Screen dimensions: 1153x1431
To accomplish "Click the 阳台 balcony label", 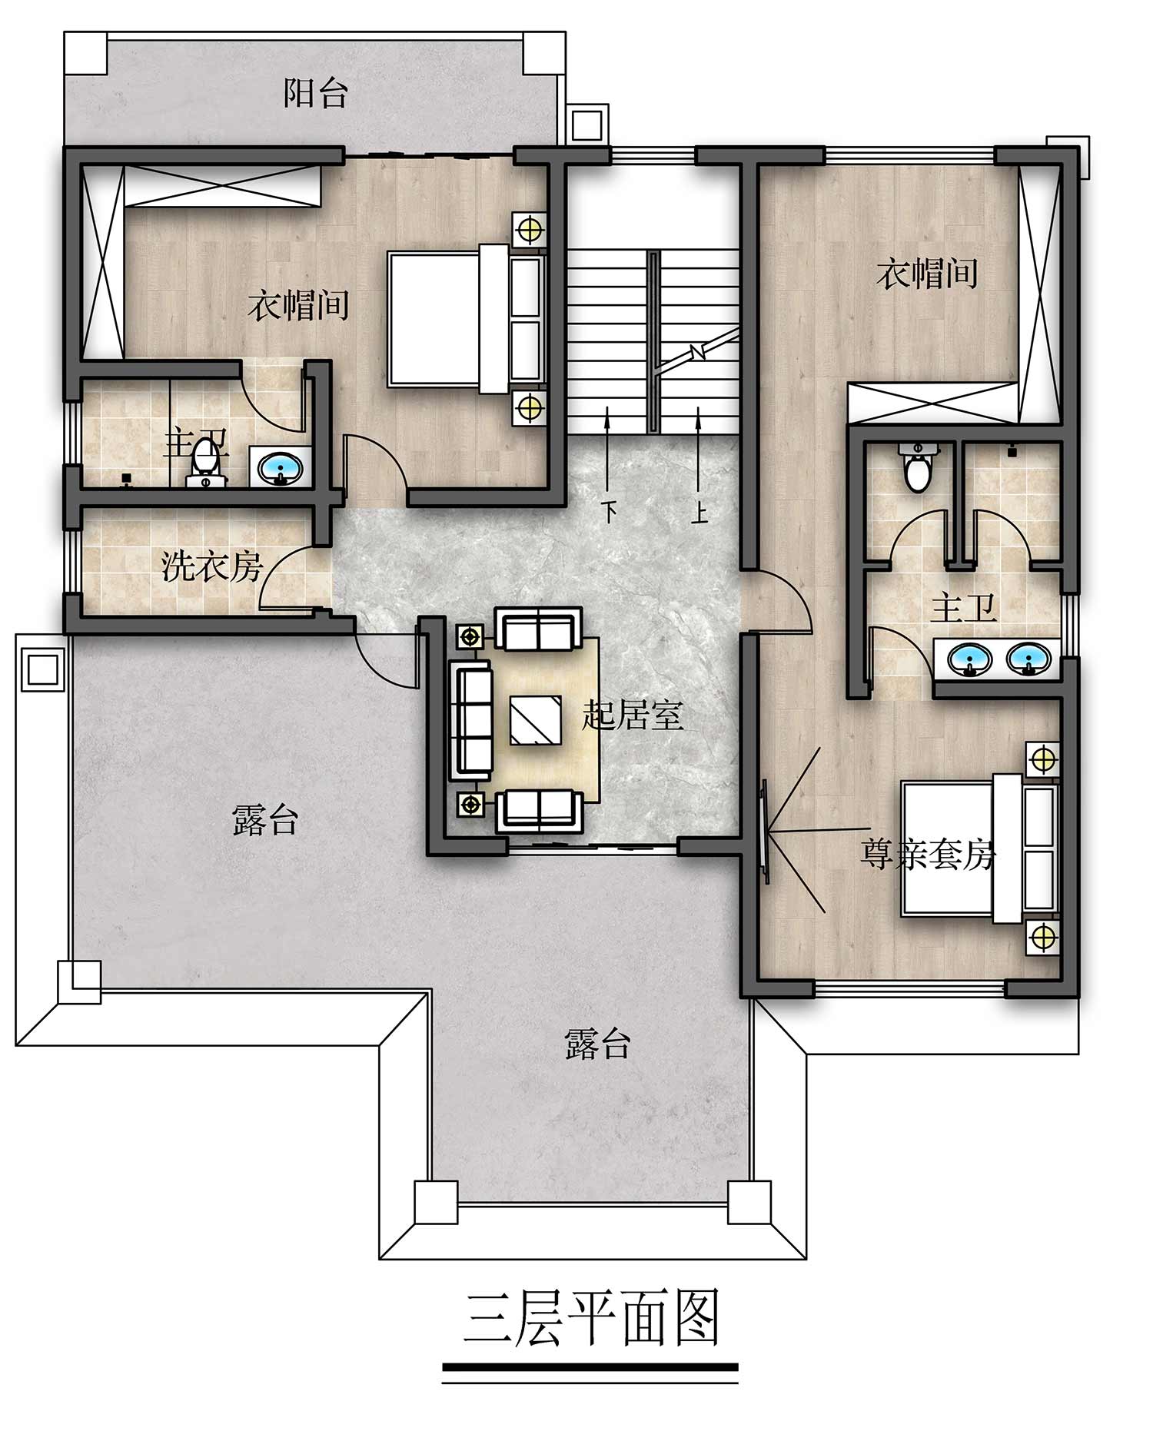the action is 316,93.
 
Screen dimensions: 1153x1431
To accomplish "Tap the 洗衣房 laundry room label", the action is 212,567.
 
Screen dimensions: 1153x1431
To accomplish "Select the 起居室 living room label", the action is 633,715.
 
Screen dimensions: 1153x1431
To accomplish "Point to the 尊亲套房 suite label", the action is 928,854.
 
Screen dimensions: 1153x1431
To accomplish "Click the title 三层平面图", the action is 591,1318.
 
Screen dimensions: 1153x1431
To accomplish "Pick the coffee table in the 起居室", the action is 535,720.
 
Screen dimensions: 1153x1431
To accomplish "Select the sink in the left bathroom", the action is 280,468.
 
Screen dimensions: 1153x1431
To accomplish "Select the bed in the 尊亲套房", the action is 980,848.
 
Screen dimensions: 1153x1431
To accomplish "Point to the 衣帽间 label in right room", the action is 927,273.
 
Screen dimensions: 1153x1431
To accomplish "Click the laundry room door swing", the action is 284,576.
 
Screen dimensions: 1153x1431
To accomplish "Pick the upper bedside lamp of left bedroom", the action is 529,229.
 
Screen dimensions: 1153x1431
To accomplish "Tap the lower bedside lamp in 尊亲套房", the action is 1042,937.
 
